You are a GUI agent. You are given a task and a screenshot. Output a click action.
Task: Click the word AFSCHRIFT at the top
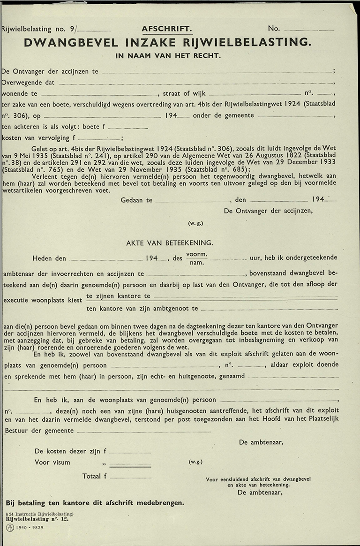[167, 29]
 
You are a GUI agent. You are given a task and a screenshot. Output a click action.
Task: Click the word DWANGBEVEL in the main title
[70, 43]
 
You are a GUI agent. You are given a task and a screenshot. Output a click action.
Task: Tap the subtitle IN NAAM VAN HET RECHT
[168, 56]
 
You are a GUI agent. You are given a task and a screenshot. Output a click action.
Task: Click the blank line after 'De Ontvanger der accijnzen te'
[216, 73]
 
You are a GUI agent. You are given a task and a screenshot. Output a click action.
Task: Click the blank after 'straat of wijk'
[255, 95]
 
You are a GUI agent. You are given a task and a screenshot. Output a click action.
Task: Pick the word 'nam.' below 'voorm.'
[196, 262]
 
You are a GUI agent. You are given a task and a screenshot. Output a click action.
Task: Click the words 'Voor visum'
[52, 463]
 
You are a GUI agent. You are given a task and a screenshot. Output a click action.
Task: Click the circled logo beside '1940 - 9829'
[9, 528]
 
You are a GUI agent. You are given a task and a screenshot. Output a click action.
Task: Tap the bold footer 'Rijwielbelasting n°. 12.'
[37, 519]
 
